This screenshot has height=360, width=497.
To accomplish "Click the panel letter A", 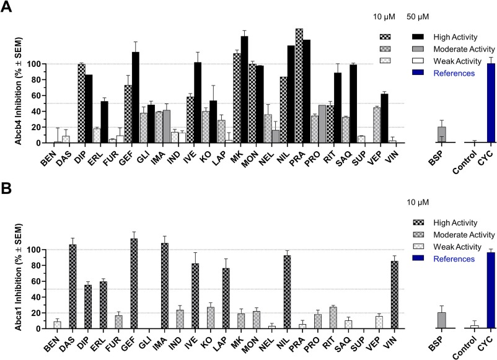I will [8, 9].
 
